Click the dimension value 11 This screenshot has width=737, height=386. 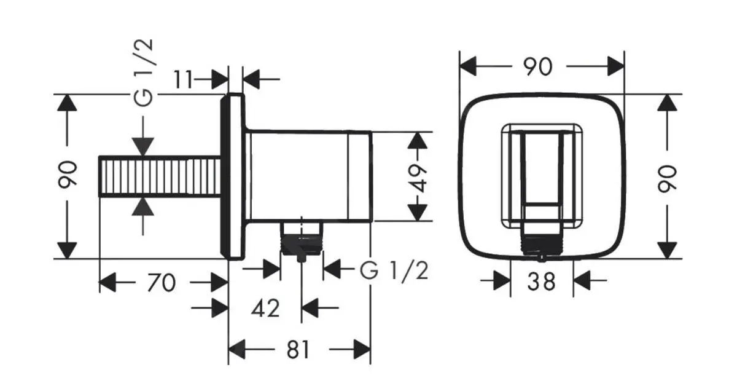[x=183, y=79]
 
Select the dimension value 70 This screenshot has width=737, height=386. [x=161, y=283]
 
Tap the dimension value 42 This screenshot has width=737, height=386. [x=265, y=309]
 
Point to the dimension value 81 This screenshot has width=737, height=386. [x=298, y=350]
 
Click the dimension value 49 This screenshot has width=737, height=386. [x=418, y=178]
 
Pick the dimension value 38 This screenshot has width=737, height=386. [x=542, y=282]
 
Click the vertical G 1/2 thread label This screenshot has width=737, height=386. [x=144, y=73]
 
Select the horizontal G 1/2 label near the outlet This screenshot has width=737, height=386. [x=394, y=270]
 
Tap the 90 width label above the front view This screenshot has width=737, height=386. [x=538, y=67]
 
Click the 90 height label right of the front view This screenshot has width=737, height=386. [x=667, y=178]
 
